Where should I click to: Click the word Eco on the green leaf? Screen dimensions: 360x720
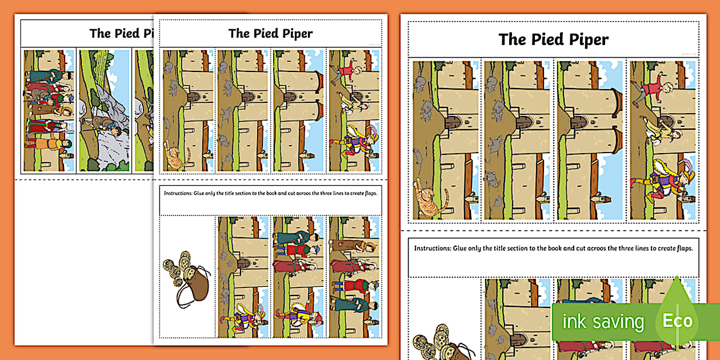coord(677,321)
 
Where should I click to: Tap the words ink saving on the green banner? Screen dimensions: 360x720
coord(603,322)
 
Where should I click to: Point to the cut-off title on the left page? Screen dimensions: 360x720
coord(122,33)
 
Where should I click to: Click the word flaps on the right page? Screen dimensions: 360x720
coord(682,249)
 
